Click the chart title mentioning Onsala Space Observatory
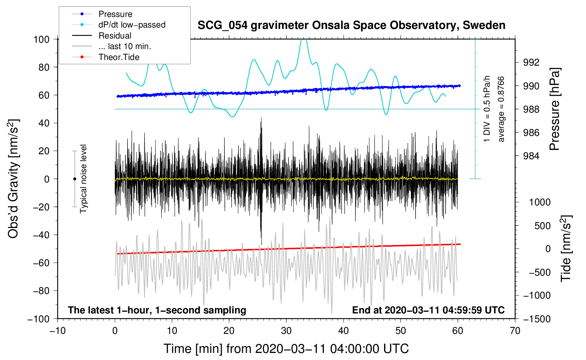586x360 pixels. tap(351, 25)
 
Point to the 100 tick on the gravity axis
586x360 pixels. tap(42, 40)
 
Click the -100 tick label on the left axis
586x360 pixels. tap(39, 319)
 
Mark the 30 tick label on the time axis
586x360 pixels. tap(286, 331)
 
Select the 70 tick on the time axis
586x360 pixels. tap(515, 331)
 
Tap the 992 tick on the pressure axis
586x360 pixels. tap(531, 62)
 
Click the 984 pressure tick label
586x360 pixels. tap(531, 156)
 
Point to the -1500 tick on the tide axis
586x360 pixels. tap(537, 319)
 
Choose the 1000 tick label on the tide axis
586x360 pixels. tap(540, 202)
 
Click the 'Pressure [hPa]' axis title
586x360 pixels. tap(555, 109)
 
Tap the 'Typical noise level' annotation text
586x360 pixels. tap(83, 179)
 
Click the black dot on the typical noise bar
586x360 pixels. tap(74, 179)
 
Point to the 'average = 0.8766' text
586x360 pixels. tap(501, 109)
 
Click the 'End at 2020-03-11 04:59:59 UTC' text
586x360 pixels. tap(428, 310)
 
